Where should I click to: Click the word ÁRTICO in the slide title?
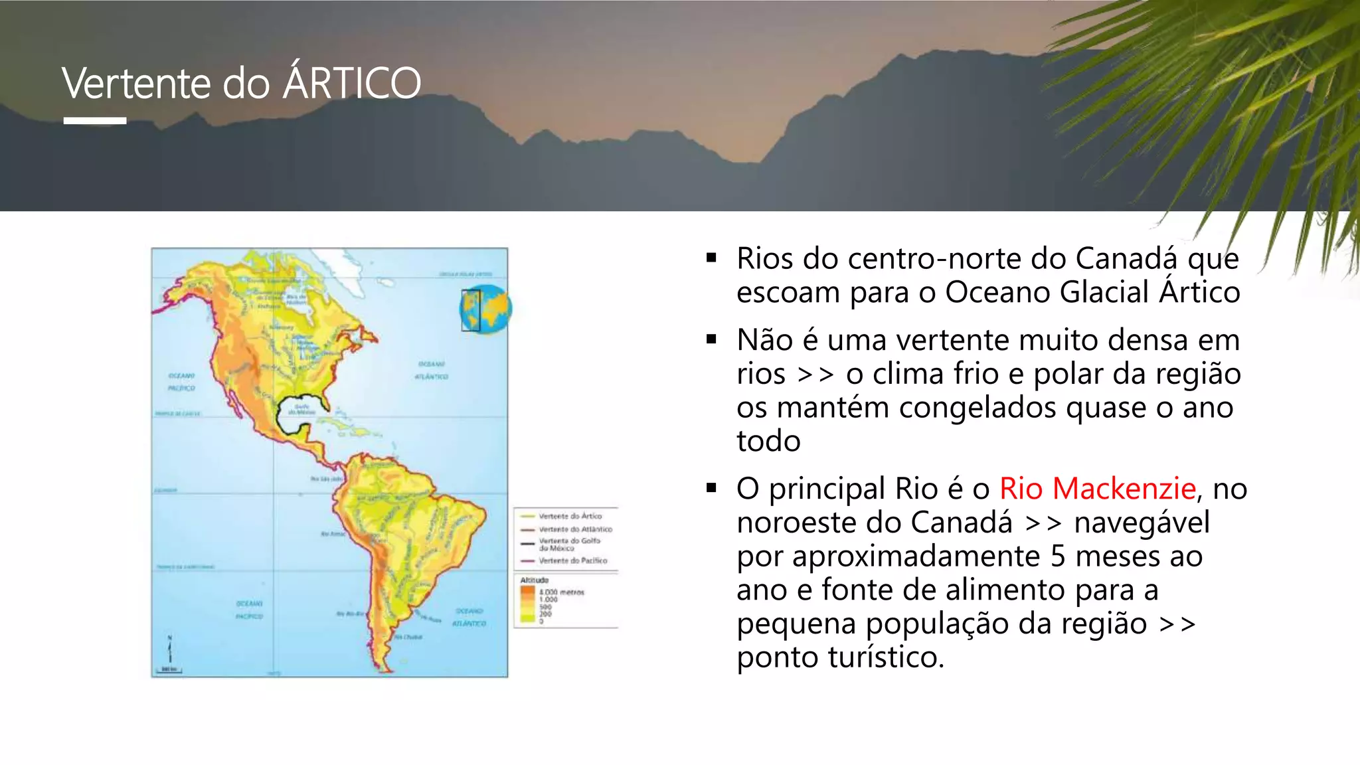pyautogui.click(x=352, y=84)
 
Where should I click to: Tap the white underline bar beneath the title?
pyautogui.click(x=95, y=121)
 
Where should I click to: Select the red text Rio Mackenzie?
pyautogui.click(x=1098, y=489)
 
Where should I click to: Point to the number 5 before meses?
pyautogui.click(x=1058, y=556)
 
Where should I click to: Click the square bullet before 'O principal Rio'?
pyautogui.click(x=712, y=488)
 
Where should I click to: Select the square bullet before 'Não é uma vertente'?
pyautogui.click(x=712, y=339)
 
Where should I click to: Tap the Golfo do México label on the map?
pyautogui.click(x=302, y=409)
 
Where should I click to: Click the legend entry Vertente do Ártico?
pyautogui.click(x=570, y=516)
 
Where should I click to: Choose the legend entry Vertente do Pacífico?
pyautogui.click(x=572, y=560)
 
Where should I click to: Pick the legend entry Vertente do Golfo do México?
pyautogui.click(x=569, y=545)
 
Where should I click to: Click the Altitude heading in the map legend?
pyautogui.click(x=535, y=580)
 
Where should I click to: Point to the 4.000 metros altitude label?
pyautogui.click(x=561, y=592)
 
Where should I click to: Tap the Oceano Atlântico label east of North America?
pyautogui.click(x=432, y=370)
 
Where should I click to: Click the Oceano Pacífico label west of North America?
pyautogui.click(x=181, y=382)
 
